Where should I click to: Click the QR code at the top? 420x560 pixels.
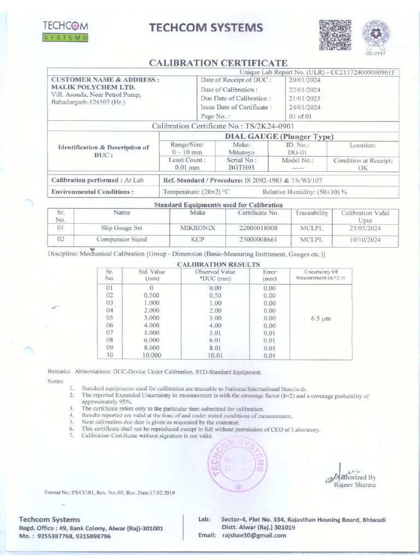335,34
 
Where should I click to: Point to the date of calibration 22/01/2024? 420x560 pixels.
305,90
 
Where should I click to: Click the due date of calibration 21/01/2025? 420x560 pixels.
305,98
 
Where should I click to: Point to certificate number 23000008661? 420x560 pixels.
258,240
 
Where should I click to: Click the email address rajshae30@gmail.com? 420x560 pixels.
254,535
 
